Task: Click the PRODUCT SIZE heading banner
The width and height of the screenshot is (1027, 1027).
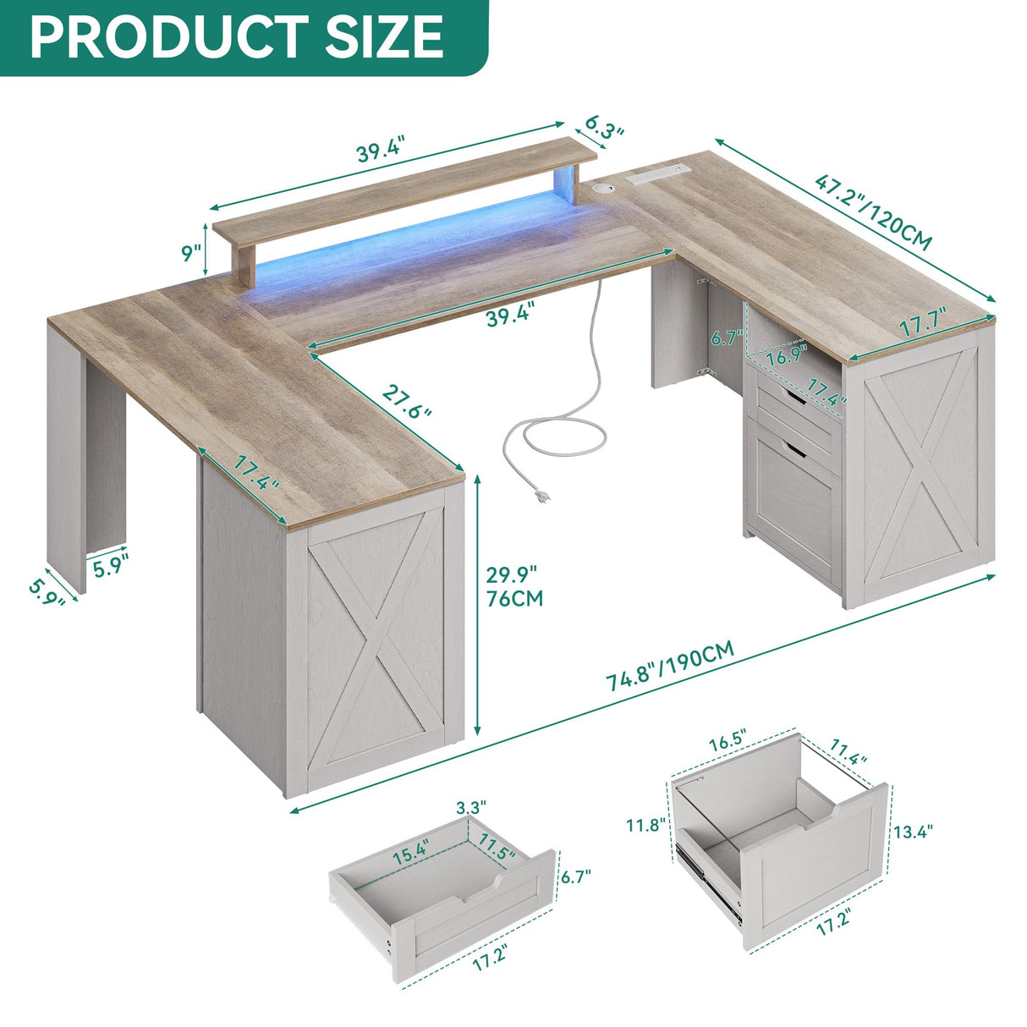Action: (237, 36)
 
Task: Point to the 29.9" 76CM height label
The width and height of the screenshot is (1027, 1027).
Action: (513, 586)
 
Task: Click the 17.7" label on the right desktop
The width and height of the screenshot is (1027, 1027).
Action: (923, 325)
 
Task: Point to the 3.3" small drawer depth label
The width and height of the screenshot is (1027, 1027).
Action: (471, 807)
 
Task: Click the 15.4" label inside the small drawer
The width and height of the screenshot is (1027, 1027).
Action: (411, 852)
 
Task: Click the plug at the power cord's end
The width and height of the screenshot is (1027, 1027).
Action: (541, 498)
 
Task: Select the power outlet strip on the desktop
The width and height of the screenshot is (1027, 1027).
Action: (658, 175)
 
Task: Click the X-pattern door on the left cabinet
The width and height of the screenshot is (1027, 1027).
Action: (374, 651)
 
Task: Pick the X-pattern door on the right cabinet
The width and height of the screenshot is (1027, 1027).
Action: (923, 473)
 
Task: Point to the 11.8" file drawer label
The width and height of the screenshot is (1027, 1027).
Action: (646, 825)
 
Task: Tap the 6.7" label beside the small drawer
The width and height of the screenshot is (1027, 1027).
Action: (576, 876)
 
